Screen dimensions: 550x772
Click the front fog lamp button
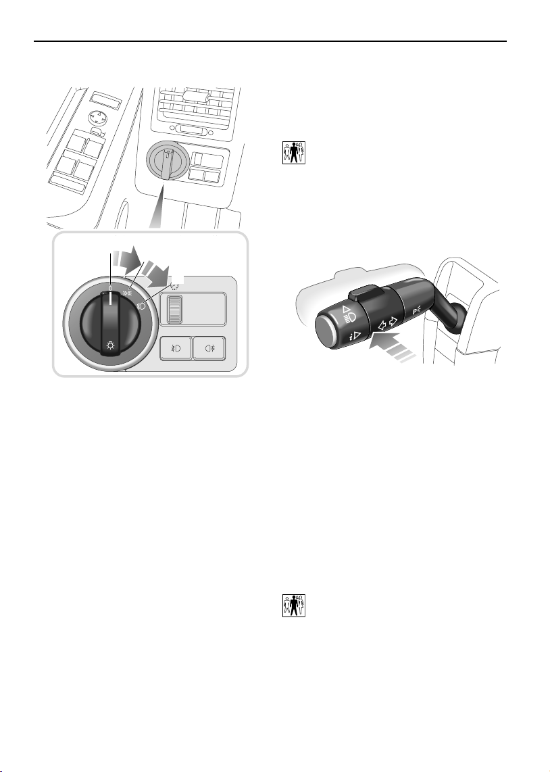pyautogui.click(x=176, y=349)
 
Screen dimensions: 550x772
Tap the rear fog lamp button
pyautogui.click(x=209, y=349)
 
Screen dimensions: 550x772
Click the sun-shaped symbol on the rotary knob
pyautogui.click(x=111, y=345)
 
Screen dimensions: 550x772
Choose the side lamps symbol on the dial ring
pyautogui.click(x=128, y=293)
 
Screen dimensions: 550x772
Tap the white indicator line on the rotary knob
pyautogui.click(x=111, y=301)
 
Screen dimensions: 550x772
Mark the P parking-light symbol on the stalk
pyautogui.click(x=416, y=310)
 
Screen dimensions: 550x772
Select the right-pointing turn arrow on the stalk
pyautogui.click(x=393, y=320)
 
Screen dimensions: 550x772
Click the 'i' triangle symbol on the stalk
pyautogui.click(x=355, y=337)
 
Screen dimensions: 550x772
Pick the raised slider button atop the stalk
pyautogui.click(x=366, y=293)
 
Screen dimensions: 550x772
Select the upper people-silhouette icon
pyautogui.click(x=294, y=153)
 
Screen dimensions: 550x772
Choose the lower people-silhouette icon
pyautogui.click(x=294, y=606)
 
